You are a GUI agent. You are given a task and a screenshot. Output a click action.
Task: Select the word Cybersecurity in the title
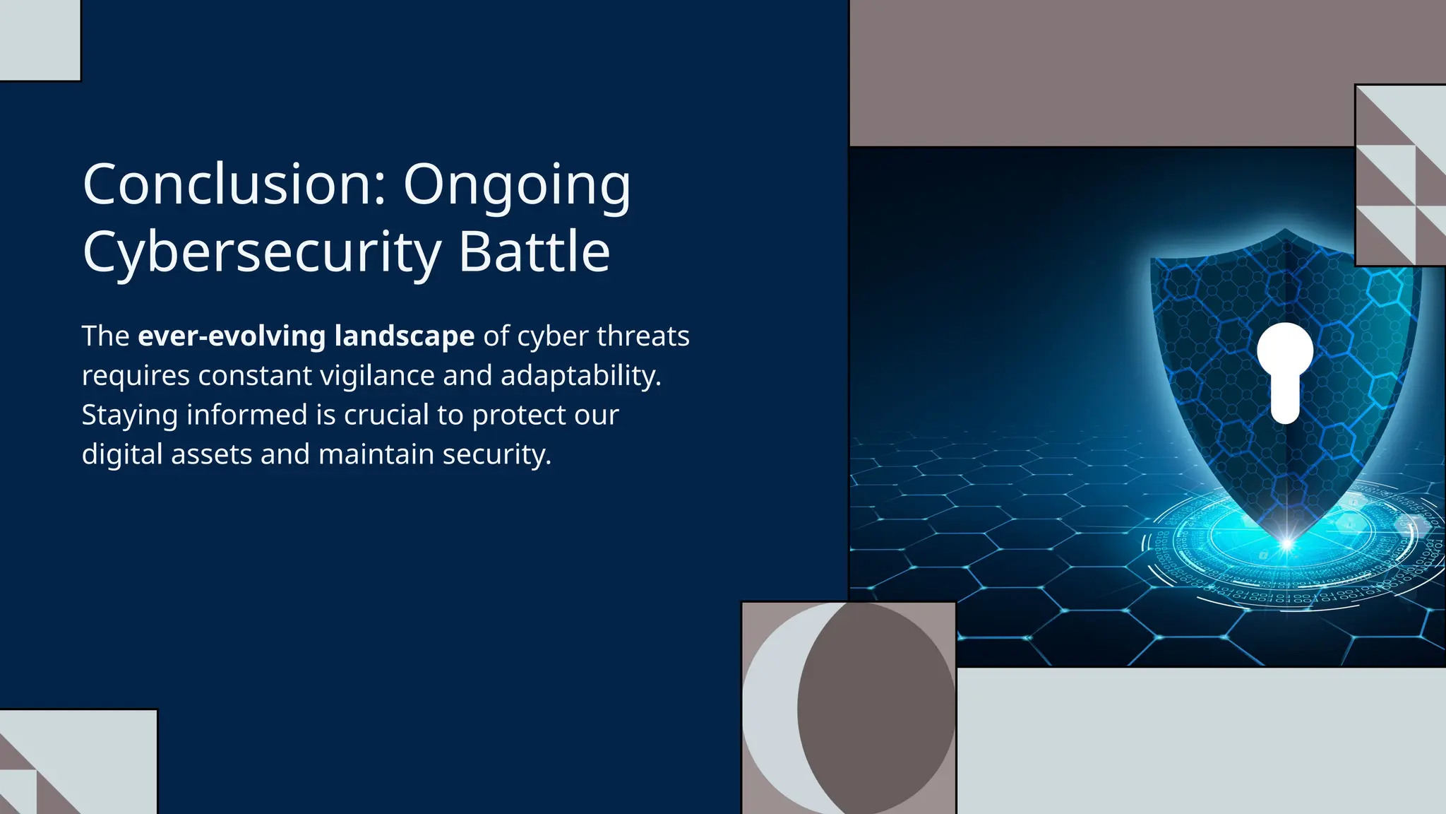(x=262, y=253)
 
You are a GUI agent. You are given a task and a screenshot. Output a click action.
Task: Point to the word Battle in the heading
(x=534, y=252)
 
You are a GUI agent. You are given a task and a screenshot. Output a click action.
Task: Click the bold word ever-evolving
(x=232, y=336)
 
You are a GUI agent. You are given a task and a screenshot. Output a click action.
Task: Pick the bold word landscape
(x=405, y=337)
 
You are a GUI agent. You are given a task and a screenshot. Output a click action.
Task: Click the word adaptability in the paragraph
(x=580, y=376)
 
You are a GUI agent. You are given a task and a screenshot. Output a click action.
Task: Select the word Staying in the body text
(x=129, y=415)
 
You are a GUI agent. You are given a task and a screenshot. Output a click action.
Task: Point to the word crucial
(x=386, y=415)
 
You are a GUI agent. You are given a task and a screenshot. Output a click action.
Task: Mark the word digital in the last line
(x=122, y=454)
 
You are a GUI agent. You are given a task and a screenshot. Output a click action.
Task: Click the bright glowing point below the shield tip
(x=1286, y=543)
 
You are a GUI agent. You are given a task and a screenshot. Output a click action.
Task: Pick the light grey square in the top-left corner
(x=40, y=40)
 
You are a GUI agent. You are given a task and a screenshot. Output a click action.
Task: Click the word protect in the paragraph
(x=519, y=415)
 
